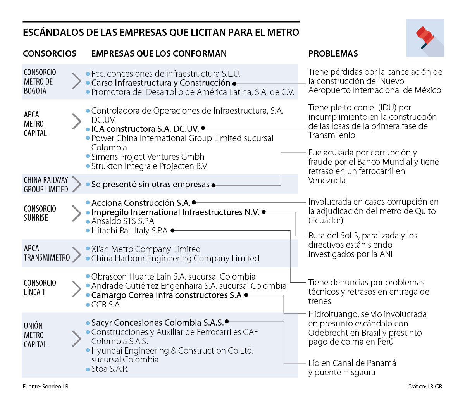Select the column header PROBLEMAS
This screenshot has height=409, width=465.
333,54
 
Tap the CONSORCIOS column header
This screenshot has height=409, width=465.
50,54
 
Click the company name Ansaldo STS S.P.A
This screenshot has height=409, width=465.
122,221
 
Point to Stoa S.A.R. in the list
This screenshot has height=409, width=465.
110,369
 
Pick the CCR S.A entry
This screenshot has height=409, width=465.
105,304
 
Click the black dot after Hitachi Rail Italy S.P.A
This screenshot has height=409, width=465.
173,231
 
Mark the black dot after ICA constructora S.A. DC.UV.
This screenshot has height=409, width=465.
203,128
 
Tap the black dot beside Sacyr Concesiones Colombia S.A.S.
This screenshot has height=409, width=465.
227,321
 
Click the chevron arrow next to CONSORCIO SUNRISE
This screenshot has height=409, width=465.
77,213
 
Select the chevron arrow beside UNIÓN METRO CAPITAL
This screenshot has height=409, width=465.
77,338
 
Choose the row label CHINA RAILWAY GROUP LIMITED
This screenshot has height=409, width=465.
46,185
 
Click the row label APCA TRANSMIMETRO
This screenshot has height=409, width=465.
46,253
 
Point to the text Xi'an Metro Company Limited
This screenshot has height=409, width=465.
146,249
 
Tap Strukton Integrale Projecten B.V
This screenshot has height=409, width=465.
149,166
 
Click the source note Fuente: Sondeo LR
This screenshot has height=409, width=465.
45,386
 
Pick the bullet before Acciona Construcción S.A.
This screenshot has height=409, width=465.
88,203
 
